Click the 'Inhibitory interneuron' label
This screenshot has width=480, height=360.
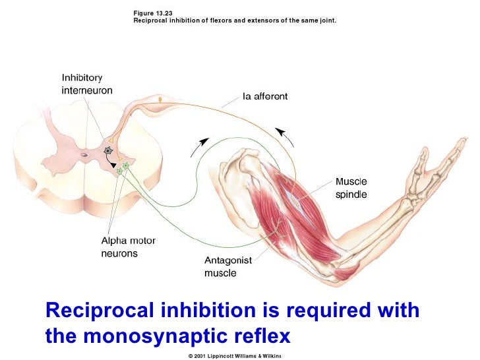(x=82, y=84)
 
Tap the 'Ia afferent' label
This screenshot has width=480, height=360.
(x=265, y=96)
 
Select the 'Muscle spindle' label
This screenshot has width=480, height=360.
(x=351, y=187)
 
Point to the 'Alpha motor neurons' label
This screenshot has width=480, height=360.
(x=128, y=247)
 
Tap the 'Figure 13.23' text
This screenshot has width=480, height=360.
(x=153, y=13)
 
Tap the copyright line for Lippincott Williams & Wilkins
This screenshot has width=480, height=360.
(x=235, y=355)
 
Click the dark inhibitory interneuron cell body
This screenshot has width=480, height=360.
(x=107, y=151)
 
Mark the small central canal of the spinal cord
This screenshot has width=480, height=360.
(x=84, y=156)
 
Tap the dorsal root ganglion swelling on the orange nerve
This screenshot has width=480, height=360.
(x=160, y=99)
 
